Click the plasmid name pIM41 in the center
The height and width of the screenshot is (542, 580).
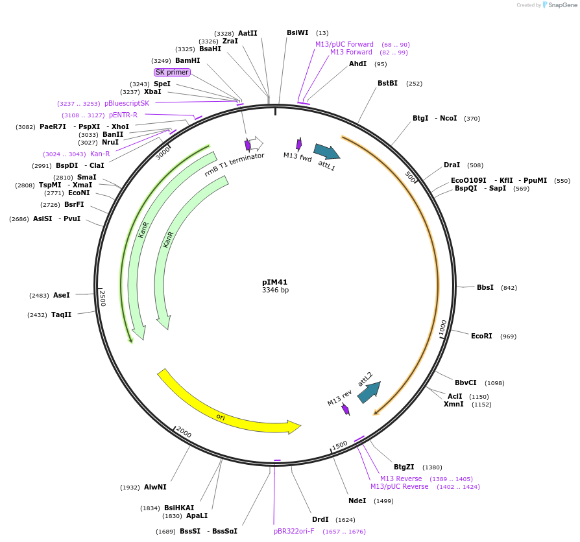(274, 282)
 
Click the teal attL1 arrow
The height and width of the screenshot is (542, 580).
(326, 152)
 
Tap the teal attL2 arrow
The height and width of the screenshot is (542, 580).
(369, 392)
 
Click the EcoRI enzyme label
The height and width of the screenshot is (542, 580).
(481, 336)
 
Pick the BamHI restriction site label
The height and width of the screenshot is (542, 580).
(187, 60)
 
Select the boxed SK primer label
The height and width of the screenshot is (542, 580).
(172, 72)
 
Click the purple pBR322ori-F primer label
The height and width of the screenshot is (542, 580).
(294, 531)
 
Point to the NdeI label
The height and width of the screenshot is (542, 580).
(357, 501)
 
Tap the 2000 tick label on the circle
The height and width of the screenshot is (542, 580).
(184, 432)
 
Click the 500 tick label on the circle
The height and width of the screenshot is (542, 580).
(410, 177)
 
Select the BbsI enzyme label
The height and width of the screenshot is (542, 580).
(485, 287)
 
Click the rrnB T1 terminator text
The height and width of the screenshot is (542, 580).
(234, 165)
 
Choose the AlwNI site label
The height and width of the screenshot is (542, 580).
(155, 487)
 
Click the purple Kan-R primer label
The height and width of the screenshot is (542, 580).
(100, 154)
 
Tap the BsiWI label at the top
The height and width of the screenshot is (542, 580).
(298, 32)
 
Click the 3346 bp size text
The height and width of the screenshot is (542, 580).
(275, 290)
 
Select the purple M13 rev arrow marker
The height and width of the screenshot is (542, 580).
(346, 409)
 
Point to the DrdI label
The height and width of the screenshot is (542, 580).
(320, 519)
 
